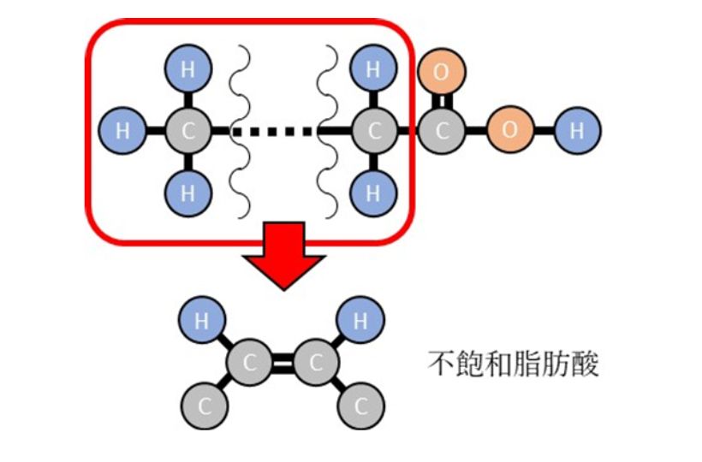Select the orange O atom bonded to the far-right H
click(509, 131)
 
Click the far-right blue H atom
click(577, 131)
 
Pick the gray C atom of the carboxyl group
click(441, 131)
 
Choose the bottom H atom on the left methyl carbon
click(187, 192)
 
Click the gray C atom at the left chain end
click(187, 131)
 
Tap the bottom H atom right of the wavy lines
click(372, 192)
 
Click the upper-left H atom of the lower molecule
click(202, 321)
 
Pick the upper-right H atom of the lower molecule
click(360, 321)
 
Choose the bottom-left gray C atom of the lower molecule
click(202, 405)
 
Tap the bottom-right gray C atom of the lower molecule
click(360, 405)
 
